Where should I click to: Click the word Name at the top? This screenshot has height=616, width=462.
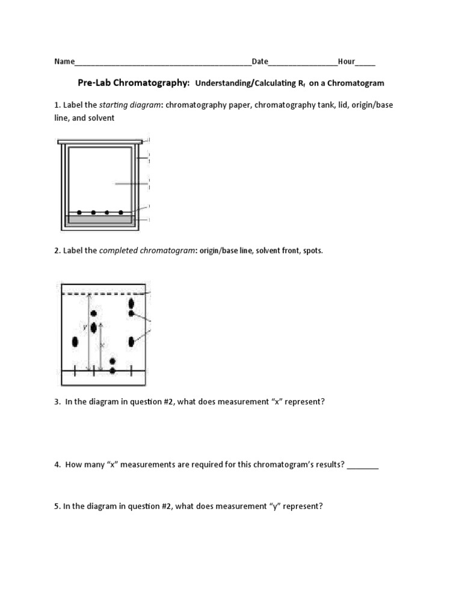[x=64, y=61]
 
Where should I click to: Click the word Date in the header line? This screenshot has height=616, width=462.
[x=260, y=61]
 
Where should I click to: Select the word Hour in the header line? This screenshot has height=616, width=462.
[x=346, y=61]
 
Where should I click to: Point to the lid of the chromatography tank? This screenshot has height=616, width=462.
[x=100, y=142]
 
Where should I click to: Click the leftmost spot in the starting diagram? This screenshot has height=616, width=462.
[x=79, y=212]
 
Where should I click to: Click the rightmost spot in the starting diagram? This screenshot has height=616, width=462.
[x=121, y=212]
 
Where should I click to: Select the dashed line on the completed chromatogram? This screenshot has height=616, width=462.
[x=105, y=294]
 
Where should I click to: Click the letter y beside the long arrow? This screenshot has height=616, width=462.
[x=85, y=327]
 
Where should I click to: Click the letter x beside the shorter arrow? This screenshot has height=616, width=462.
[x=102, y=345]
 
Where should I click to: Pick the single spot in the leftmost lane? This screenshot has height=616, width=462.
[x=75, y=342]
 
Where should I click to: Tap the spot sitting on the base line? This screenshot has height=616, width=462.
[x=112, y=371]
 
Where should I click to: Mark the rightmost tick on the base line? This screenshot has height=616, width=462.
[x=131, y=371]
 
